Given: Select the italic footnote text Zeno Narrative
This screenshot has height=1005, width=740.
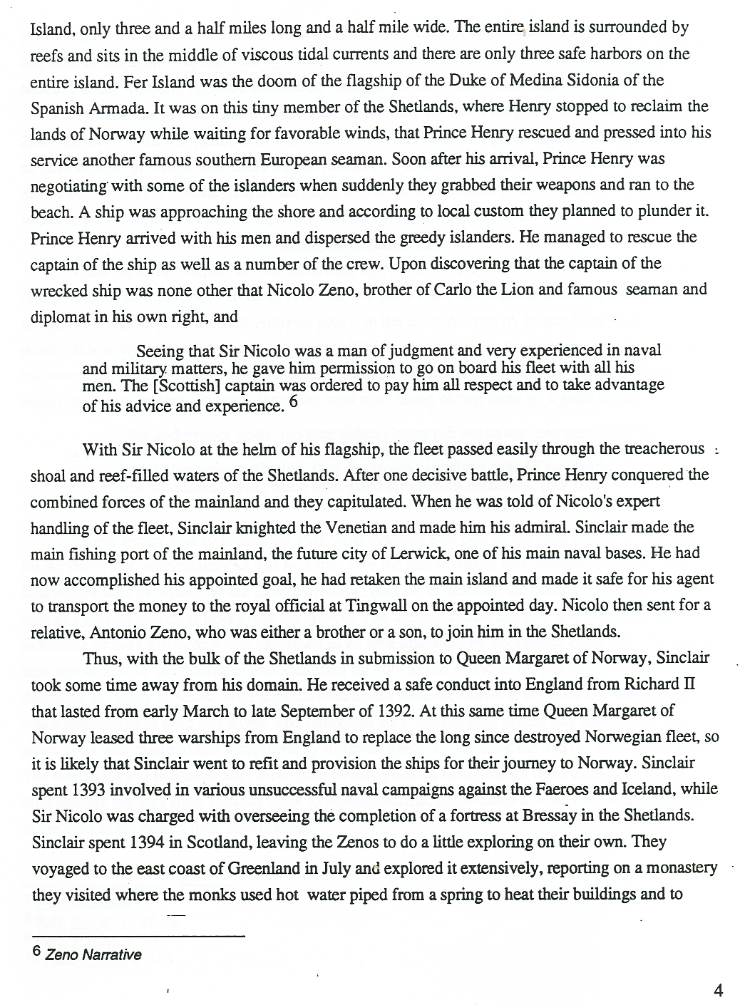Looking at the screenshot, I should pyautogui.click(x=93, y=955).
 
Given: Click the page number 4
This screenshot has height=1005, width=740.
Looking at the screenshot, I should pyautogui.click(x=718, y=990).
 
